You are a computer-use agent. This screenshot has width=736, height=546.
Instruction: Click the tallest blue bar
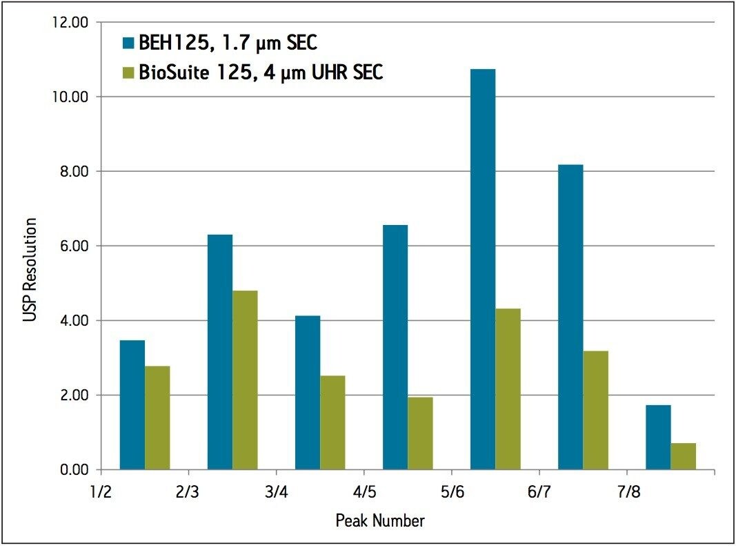click(x=483, y=269)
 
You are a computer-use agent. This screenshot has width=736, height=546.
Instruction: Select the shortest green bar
click(x=683, y=456)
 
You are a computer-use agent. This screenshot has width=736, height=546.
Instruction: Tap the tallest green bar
click(x=245, y=380)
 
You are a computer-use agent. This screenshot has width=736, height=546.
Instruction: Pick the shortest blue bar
click(x=658, y=437)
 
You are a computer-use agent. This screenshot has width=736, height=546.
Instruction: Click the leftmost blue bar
click(x=132, y=404)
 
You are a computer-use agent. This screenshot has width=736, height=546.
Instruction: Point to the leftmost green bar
click(x=157, y=418)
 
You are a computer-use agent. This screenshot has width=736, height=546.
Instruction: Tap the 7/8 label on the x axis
click(x=626, y=491)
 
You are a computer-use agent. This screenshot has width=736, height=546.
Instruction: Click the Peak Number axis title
click(x=380, y=520)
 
